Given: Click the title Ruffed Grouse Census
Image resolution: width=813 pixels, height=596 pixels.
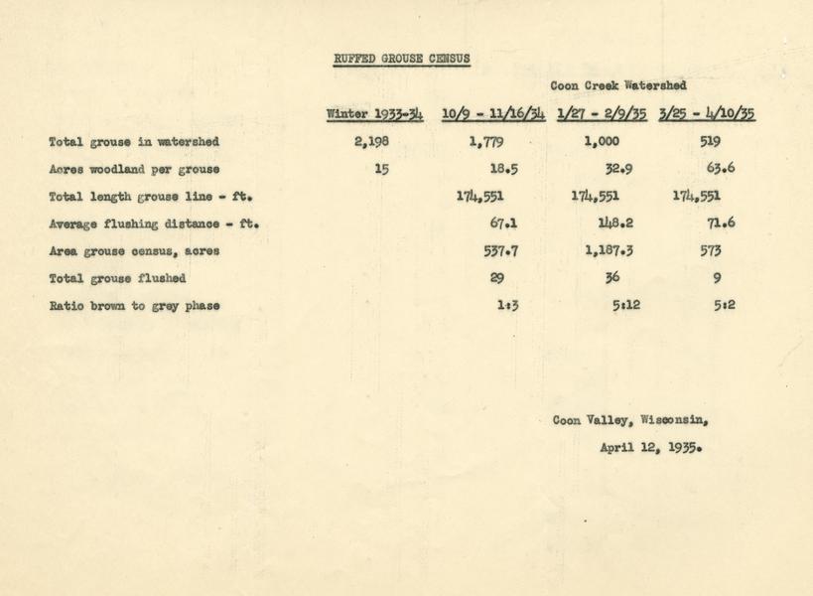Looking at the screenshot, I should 401,59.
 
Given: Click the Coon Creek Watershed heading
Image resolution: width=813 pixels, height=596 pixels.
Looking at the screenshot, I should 616,86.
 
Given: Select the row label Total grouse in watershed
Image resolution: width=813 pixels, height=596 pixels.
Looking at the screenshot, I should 133,142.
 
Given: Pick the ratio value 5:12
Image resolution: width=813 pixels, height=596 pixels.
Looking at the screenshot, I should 625,306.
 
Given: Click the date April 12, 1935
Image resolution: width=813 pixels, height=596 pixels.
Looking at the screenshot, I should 650,447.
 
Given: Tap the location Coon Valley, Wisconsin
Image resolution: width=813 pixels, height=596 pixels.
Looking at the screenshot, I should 630,419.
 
